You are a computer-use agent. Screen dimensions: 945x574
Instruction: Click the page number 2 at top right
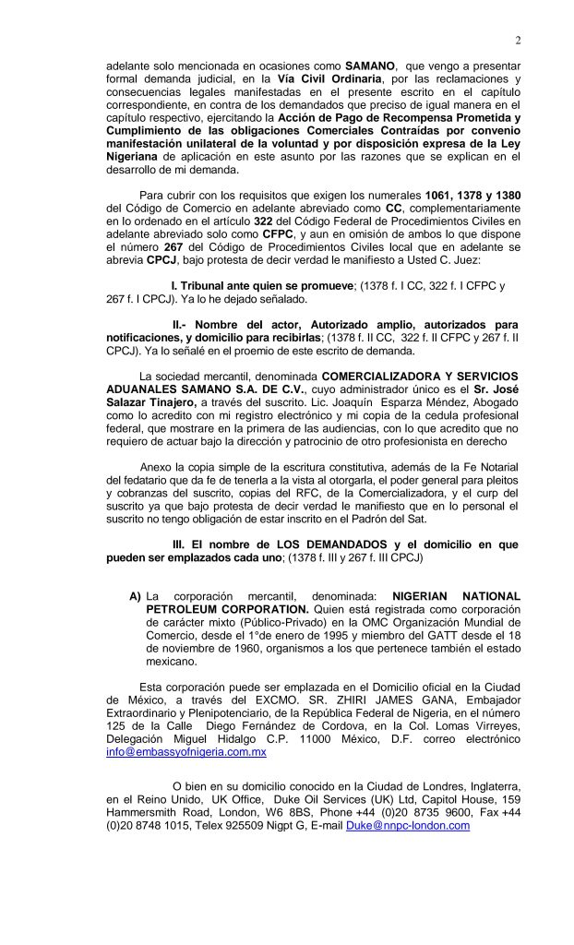coord(518,40)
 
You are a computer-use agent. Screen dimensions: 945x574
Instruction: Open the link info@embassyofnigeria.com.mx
coord(186,753)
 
